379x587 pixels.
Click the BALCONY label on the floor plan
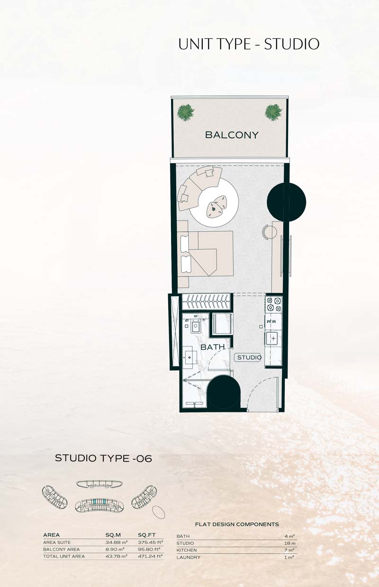[x=232, y=135]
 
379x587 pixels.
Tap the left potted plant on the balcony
[x=186, y=112]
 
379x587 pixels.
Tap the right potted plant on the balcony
[x=273, y=112]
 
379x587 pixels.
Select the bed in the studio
[x=207, y=253]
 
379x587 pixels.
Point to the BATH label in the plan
[x=213, y=347]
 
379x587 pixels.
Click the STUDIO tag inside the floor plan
[x=249, y=357]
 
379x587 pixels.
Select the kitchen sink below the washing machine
[x=273, y=338]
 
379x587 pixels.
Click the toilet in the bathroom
[x=195, y=327]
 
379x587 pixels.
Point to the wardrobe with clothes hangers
[x=207, y=302]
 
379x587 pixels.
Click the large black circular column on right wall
[x=286, y=202]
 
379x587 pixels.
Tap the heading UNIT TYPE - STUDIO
[x=249, y=44]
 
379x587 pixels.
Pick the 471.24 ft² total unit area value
[x=151, y=556]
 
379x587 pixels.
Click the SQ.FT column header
[x=146, y=535]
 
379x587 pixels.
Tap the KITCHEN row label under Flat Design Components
[x=187, y=550]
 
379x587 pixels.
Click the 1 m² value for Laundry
[x=289, y=557]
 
